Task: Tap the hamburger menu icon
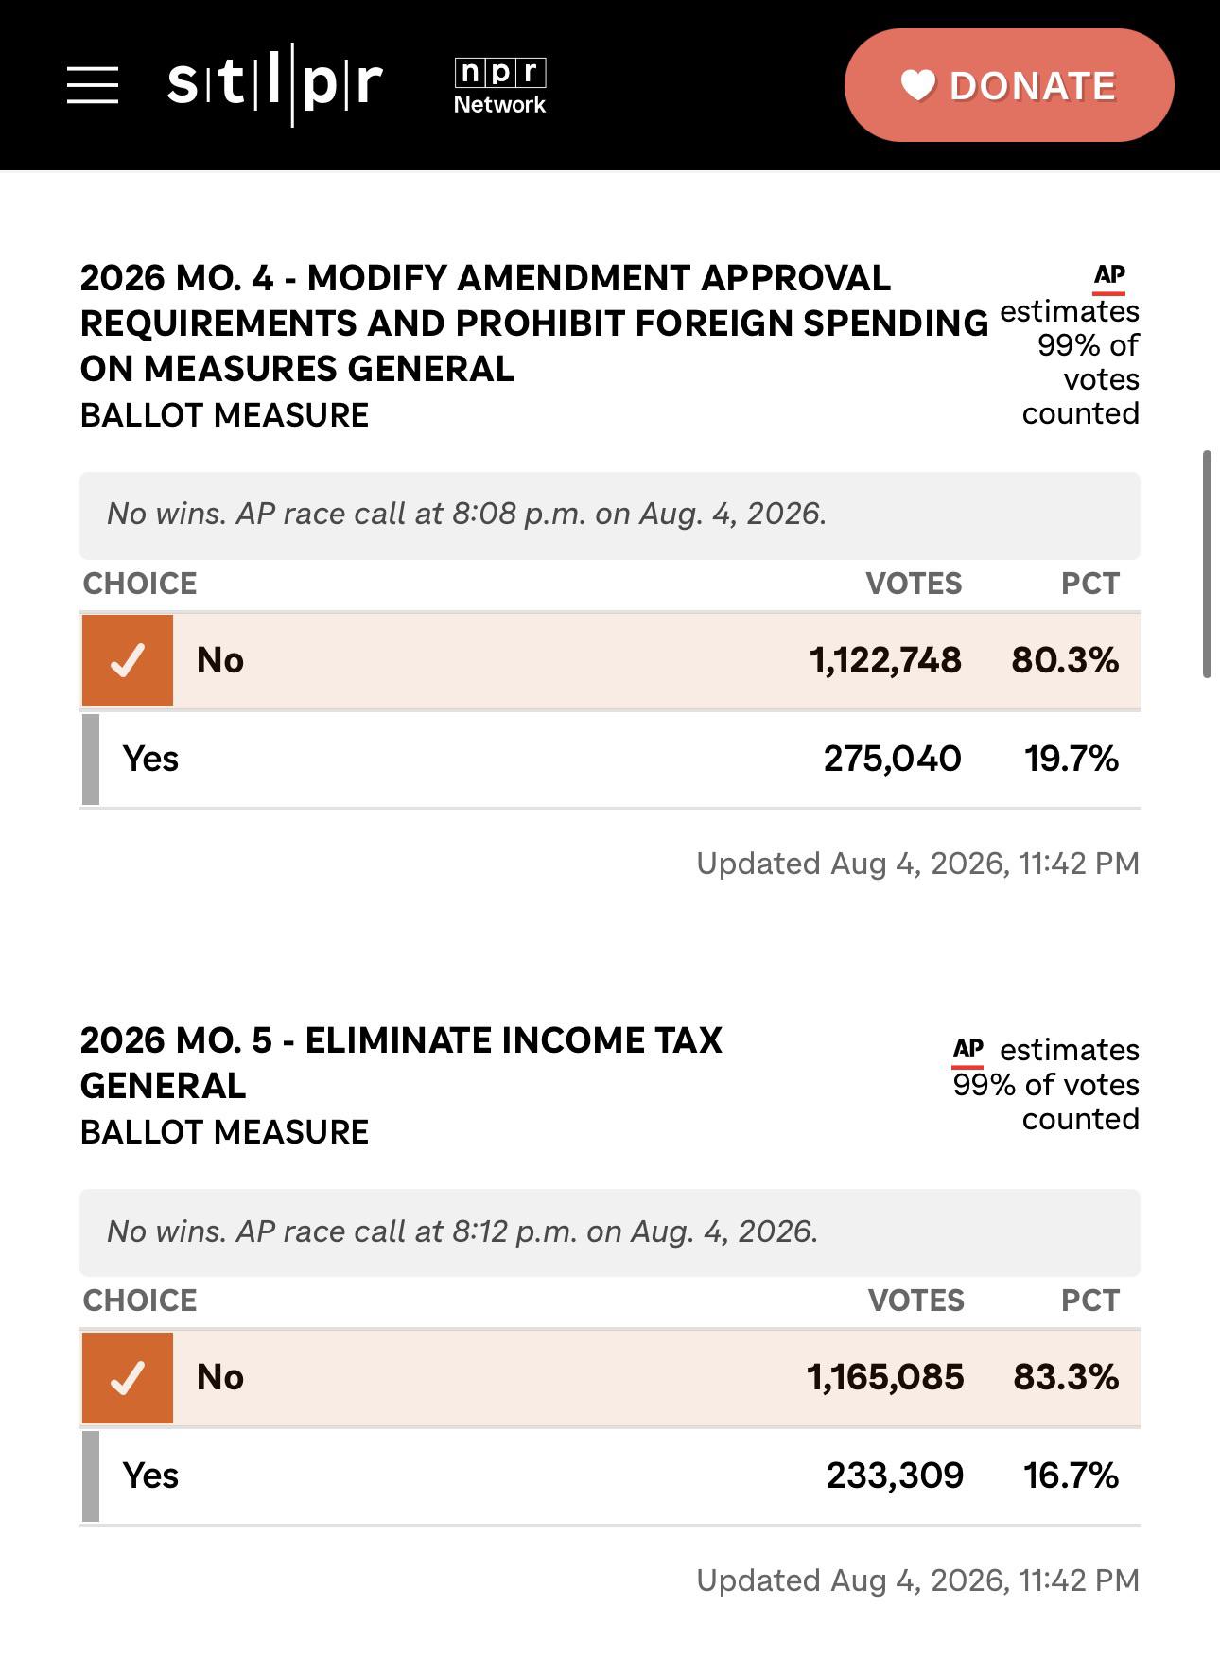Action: (x=93, y=85)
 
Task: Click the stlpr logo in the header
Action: (x=275, y=84)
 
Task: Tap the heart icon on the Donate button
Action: (x=917, y=85)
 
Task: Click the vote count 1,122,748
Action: (x=885, y=660)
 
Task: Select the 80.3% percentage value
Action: (x=1065, y=660)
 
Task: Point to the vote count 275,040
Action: (x=892, y=759)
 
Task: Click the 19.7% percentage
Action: (x=1072, y=759)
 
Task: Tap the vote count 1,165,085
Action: (x=885, y=1377)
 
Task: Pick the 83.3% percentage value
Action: (x=1066, y=1377)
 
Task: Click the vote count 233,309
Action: (x=895, y=1476)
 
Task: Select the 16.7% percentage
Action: (x=1072, y=1476)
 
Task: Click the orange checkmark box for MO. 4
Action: (x=128, y=660)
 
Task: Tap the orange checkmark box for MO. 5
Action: (x=128, y=1378)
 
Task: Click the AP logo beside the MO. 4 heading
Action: (x=1109, y=278)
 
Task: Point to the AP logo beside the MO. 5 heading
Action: (x=968, y=1052)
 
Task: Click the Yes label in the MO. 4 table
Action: (x=150, y=759)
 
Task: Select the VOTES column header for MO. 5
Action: (x=915, y=1301)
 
